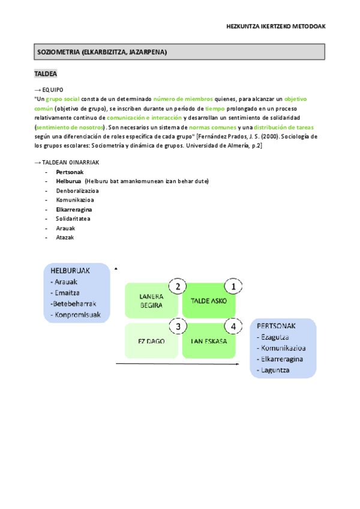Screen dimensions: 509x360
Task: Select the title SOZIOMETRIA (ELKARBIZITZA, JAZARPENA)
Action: point(102,52)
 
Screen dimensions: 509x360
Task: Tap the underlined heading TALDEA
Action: point(46,74)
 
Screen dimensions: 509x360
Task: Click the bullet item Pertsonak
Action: point(70,172)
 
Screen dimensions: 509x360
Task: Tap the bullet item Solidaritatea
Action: point(73,218)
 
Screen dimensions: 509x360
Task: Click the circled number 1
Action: point(233,287)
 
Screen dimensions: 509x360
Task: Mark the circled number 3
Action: point(178,327)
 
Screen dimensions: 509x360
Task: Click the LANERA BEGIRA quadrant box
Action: point(151,301)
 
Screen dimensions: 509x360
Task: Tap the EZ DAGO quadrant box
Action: point(151,341)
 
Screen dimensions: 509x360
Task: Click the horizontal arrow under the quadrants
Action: point(180,364)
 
